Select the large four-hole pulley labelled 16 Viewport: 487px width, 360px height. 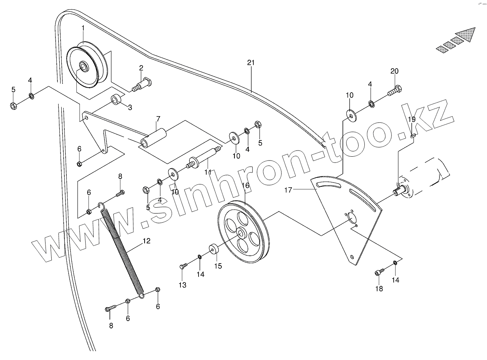pos(243,235)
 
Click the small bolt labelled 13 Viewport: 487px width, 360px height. pos(183,266)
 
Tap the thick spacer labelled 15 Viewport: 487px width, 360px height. pos(213,250)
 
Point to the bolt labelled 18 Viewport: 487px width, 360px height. pos(379,273)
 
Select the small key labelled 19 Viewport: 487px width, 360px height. pos(412,135)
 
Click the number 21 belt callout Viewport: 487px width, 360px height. pos(251,63)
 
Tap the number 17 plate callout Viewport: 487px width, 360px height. pos(289,189)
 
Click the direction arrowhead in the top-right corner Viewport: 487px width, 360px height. pos(468,35)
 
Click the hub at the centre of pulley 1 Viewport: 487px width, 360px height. pos(83,66)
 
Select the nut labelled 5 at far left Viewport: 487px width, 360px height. pos(13,105)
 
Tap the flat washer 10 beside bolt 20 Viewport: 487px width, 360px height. pos(351,115)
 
